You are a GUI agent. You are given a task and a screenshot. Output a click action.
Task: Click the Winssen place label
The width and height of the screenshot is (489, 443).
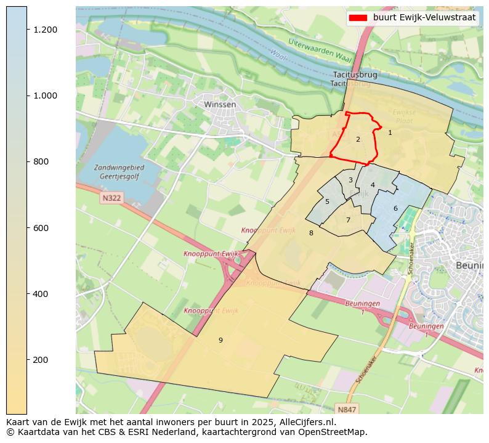(x=220, y=105)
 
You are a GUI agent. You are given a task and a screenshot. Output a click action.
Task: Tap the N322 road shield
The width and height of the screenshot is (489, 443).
(x=111, y=198)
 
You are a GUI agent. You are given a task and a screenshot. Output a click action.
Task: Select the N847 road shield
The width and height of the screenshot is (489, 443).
(x=347, y=408)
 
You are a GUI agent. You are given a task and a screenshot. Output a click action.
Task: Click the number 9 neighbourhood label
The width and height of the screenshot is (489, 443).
(x=220, y=340)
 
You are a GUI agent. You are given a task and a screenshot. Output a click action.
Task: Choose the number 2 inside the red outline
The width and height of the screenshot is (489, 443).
(x=358, y=139)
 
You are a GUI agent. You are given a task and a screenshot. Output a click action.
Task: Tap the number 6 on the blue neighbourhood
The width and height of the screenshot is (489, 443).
(x=395, y=208)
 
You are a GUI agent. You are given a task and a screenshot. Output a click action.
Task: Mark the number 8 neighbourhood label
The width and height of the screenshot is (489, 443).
(x=311, y=233)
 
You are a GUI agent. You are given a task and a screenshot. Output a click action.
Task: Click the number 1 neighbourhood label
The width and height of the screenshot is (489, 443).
(x=390, y=132)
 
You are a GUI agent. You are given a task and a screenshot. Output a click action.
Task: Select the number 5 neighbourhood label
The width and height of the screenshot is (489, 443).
(x=327, y=201)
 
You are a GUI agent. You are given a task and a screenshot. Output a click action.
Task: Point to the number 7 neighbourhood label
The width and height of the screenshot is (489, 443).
(x=348, y=220)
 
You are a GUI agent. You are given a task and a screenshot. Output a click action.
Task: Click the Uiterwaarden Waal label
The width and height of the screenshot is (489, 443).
(x=320, y=51)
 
